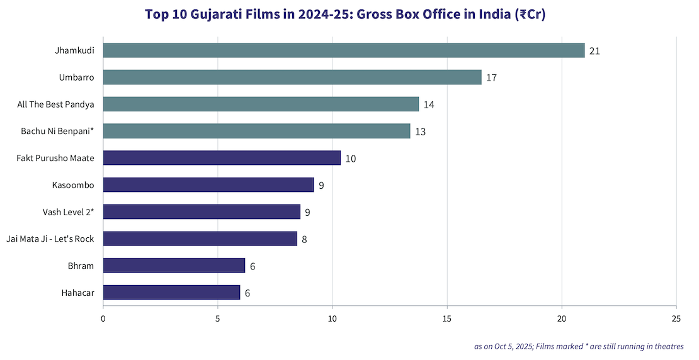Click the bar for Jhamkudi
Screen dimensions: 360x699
(x=344, y=50)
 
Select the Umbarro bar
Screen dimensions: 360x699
(x=292, y=77)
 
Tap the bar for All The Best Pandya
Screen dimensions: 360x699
(x=261, y=104)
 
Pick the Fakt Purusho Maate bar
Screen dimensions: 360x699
(x=222, y=158)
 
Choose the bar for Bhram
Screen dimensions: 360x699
(x=174, y=266)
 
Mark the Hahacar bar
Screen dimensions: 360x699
(x=171, y=293)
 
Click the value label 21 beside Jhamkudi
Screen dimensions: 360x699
(x=594, y=51)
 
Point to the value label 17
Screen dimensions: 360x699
(x=491, y=78)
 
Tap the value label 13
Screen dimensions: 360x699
(x=420, y=132)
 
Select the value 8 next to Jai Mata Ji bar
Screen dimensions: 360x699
(x=305, y=239)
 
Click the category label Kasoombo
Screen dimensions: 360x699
(x=73, y=185)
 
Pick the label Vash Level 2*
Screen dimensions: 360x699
(x=69, y=212)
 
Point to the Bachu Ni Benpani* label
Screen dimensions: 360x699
(x=57, y=131)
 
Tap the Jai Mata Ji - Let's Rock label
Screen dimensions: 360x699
(x=50, y=239)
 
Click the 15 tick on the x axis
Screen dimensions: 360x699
(x=447, y=318)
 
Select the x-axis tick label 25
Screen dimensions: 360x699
(x=676, y=318)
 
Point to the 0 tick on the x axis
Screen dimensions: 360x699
(x=103, y=318)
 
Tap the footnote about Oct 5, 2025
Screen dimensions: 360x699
(x=579, y=346)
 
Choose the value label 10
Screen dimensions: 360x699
(x=350, y=159)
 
